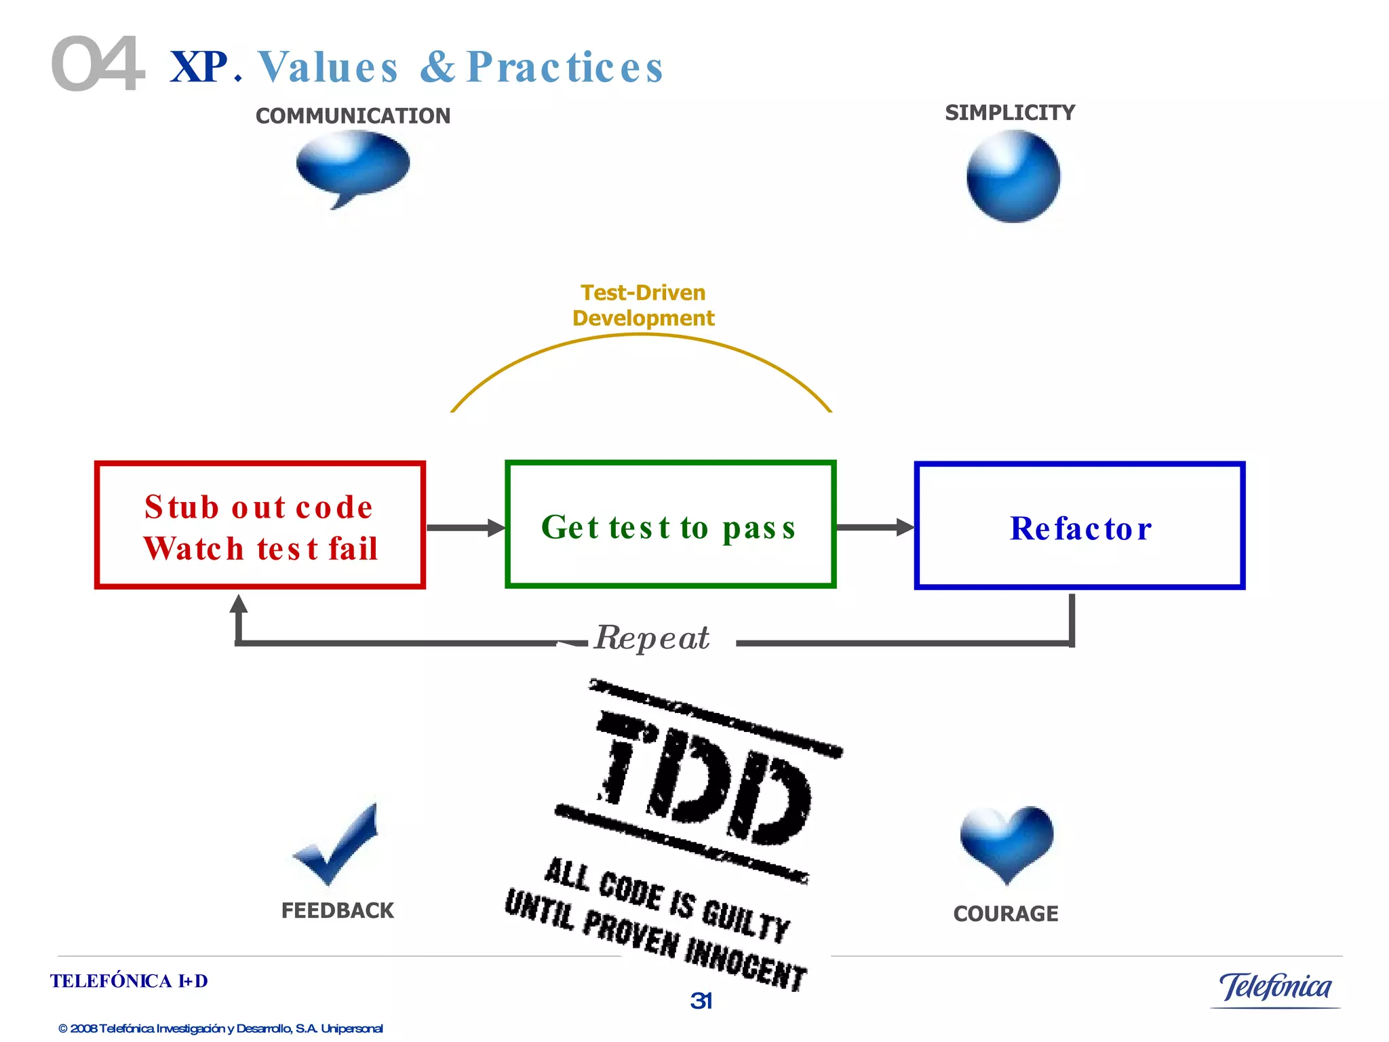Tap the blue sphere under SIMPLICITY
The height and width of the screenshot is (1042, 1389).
tap(1013, 176)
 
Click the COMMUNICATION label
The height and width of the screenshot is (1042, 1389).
tap(353, 116)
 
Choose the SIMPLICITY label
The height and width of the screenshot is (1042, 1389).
tap(1010, 113)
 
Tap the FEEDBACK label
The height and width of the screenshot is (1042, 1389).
tap(337, 910)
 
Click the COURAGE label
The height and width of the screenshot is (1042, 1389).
tap(1005, 914)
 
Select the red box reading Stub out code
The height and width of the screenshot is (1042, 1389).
tap(260, 525)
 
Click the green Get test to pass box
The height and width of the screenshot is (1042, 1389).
tap(670, 525)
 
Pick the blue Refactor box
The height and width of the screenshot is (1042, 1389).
tap(1079, 526)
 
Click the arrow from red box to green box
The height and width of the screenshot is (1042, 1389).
tap(465, 528)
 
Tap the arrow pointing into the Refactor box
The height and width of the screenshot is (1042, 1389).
tap(875, 527)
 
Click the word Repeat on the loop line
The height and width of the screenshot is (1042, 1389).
tap(652, 638)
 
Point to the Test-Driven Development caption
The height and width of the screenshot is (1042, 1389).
tap(643, 305)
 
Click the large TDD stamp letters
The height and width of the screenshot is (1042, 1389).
tap(705, 780)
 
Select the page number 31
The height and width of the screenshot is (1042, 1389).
tap(701, 1001)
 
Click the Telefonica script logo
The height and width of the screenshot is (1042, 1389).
tap(1275, 987)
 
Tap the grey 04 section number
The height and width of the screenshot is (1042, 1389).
tap(98, 64)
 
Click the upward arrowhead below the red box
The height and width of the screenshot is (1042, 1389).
tap(238, 604)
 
